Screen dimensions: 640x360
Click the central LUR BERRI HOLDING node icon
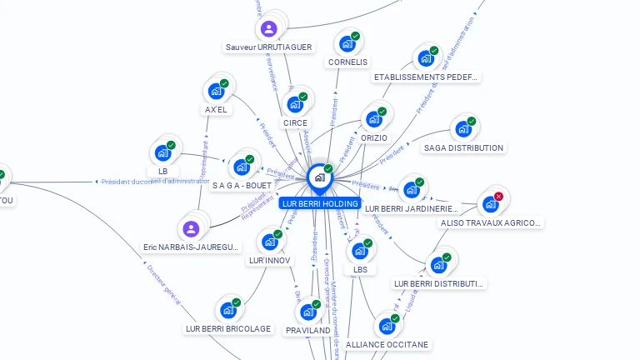[319, 177]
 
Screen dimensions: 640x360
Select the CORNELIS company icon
[347, 42]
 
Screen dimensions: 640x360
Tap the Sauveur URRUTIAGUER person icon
[268, 29]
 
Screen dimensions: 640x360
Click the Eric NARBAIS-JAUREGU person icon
[191, 228]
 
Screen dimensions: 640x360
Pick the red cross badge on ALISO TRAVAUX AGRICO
[498, 197]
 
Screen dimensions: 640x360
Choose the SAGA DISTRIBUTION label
[463, 148]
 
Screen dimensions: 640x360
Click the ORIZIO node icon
[373, 118]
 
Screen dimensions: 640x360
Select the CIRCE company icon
[294, 104]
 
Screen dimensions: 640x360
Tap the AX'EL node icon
[216, 91]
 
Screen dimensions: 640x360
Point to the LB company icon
[162, 153]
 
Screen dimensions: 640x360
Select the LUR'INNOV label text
[270, 261]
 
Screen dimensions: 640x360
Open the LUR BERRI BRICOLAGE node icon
[227, 310]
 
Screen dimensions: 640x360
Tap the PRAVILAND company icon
[307, 312]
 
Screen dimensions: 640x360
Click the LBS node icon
[359, 250]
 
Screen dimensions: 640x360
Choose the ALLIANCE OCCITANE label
[387, 344]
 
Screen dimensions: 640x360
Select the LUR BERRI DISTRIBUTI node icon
[437, 265]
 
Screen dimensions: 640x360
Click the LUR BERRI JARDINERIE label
[412, 208]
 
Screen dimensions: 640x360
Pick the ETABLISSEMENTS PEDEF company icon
[426, 58]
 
